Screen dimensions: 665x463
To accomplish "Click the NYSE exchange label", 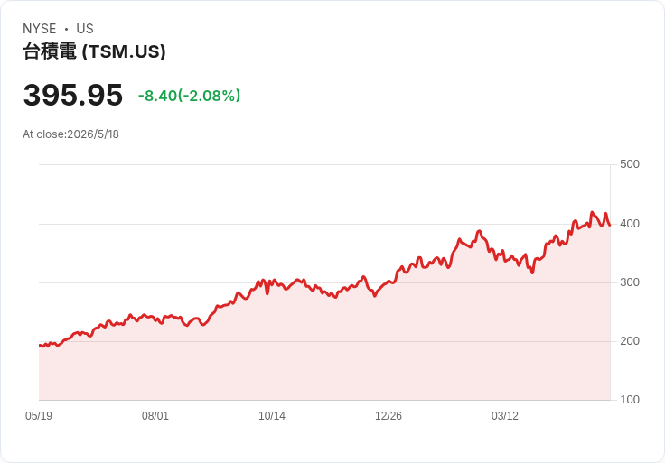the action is coord(40,29).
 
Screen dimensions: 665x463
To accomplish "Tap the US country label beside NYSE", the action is coord(85,29).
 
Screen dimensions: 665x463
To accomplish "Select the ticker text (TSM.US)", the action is coord(124,51).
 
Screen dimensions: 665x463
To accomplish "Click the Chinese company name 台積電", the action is coord(50,51).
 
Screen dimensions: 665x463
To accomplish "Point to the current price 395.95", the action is coord(73,95).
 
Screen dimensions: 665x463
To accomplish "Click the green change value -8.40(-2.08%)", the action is coord(189,96).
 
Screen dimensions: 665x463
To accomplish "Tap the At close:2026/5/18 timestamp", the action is coord(70,134).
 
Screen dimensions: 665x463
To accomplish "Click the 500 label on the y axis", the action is coord(630,164).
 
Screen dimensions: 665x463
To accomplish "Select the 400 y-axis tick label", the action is coord(630,224).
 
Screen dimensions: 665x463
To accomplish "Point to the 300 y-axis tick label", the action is coord(630,282).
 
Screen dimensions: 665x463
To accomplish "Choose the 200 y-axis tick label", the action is coord(630,341).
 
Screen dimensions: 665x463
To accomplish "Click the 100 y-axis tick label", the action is coord(630,400).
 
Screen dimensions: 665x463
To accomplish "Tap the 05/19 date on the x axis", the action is coord(39,416).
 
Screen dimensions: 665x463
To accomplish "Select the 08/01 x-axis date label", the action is coord(155,416).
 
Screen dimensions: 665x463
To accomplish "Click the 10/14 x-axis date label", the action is coord(272,416).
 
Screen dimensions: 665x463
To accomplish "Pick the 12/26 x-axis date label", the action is coord(388,416).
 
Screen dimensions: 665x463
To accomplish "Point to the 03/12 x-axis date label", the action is coord(505,416).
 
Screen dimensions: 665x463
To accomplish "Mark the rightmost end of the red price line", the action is coord(610,225).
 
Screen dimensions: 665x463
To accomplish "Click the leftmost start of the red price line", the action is coord(40,346).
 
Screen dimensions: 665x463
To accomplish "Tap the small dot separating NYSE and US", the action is coord(66,29).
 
